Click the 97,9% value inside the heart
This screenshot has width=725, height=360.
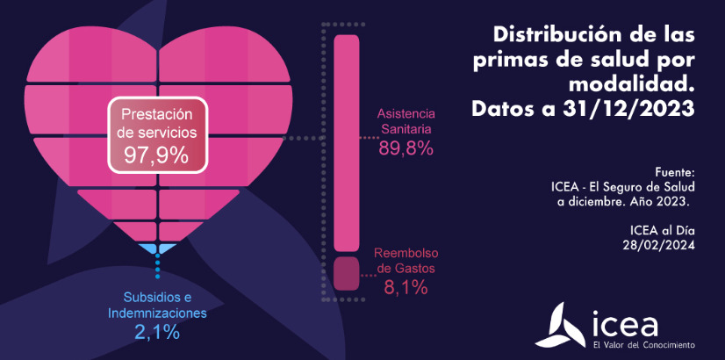tap(156, 155)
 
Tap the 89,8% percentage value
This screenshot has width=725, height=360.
tap(406, 148)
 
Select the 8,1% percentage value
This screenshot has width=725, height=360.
tap(406, 286)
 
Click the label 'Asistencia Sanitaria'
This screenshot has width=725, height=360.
tap(406, 122)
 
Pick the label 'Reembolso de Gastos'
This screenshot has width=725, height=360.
tap(406, 261)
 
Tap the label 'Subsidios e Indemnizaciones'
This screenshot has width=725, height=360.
tap(157, 304)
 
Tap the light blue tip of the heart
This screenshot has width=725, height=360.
tap(159, 250)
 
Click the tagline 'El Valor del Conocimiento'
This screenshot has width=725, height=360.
tap(643, 344)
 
